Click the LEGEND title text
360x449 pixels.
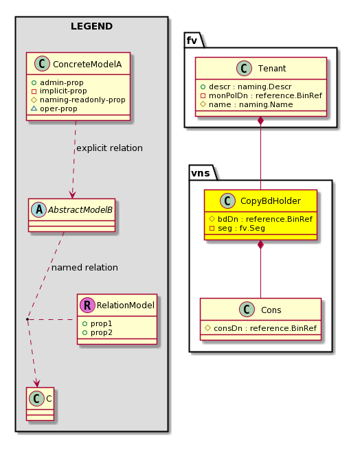click(92, 26)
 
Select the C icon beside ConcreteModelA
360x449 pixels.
click(42, 64)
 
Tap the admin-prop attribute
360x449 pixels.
click(62, 82)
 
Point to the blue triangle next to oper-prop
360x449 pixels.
click(34, 108)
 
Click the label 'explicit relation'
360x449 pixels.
click(109, 148)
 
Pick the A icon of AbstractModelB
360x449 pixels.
click(38, 209)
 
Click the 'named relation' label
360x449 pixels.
click(85, 268)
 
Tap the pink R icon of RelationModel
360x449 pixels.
click(87, 305)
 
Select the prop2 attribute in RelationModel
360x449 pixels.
click(102, 333)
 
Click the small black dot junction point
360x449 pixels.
click(27, 319)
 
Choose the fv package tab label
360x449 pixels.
click(192, 41)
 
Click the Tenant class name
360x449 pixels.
click(272, 69)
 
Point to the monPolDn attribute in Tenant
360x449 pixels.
click(265, 95)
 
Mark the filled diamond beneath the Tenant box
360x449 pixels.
click(260, 121)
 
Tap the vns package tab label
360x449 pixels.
click(201, 173)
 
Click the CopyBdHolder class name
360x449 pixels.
click(270, 201)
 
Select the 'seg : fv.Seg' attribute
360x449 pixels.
click(241, 228)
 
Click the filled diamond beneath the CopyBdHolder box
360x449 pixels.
click(260, 245)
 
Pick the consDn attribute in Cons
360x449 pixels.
click(265, 328)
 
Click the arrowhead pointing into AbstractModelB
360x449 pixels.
click(73, 195)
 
